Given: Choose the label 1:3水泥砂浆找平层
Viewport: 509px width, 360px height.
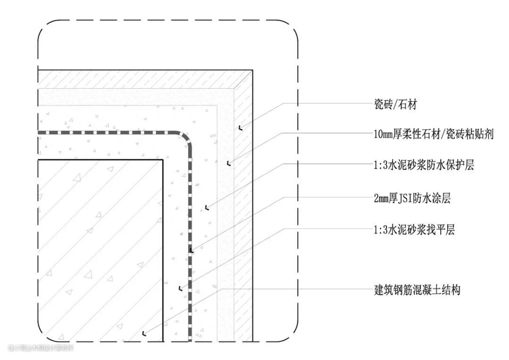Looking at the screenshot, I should [413, 230].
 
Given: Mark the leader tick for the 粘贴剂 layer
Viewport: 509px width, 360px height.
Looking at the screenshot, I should [228, 164].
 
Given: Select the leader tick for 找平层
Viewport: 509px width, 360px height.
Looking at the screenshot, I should [179, 287].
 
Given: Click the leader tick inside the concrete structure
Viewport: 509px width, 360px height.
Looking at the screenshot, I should [144, 334].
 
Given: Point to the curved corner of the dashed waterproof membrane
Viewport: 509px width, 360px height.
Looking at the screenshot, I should [185, 137].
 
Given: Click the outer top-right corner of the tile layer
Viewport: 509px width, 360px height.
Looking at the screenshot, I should [253, 70].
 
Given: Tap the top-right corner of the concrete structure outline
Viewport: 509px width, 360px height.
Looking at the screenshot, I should [163, 160].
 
